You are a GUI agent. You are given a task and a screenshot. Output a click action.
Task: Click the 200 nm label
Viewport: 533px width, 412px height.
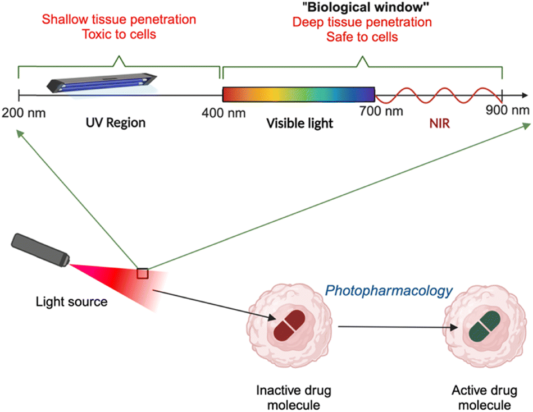point(24,113)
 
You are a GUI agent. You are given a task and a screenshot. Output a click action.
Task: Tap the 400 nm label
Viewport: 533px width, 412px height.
point(224,113)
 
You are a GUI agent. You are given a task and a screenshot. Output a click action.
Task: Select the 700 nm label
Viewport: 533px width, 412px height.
point(381,111)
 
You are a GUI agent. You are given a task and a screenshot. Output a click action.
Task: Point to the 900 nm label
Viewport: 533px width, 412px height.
point(508,110)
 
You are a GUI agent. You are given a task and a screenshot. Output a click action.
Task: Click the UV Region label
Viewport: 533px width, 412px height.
point(116,122)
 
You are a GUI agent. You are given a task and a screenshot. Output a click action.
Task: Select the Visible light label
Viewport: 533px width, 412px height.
point(299,123)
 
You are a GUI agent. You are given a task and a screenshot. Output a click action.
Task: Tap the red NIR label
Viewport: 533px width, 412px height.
point(440,123)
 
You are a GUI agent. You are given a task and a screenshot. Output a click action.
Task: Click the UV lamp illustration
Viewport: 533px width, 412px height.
point(102,83)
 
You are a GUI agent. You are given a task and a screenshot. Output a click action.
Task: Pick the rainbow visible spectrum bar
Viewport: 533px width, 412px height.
point(298,94)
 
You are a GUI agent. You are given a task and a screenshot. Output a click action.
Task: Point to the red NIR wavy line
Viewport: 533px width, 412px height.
point(439,95)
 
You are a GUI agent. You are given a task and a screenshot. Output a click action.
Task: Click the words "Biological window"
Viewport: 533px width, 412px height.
point(366,7)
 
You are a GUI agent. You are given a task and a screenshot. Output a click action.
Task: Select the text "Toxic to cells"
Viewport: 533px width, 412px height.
point(119,34)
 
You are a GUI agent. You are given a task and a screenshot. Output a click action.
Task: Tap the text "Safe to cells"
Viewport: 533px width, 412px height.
point(362,36)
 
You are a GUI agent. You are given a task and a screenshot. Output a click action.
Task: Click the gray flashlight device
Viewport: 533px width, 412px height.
point(40,250)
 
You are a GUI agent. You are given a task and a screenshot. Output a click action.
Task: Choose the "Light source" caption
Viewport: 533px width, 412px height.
point(72,301)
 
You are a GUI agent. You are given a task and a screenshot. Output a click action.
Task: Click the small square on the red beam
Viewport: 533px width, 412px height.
point(143,273)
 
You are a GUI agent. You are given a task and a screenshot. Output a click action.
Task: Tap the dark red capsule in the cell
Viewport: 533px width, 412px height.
point(289,326)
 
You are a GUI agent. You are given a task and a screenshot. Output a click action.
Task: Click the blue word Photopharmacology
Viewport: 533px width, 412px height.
point(389,291)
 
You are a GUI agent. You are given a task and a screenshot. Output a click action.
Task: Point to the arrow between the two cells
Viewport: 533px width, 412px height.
point(398,327)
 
